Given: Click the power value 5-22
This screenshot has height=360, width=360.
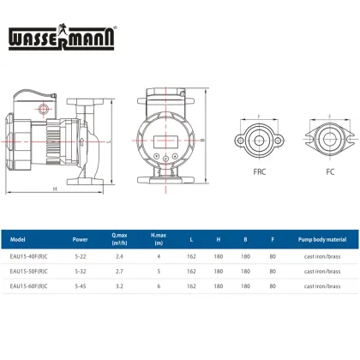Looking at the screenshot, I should click(80, 255).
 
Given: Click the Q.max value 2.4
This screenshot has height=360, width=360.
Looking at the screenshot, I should click(121, 255).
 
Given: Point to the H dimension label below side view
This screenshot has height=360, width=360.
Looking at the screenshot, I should click(55, 189).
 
